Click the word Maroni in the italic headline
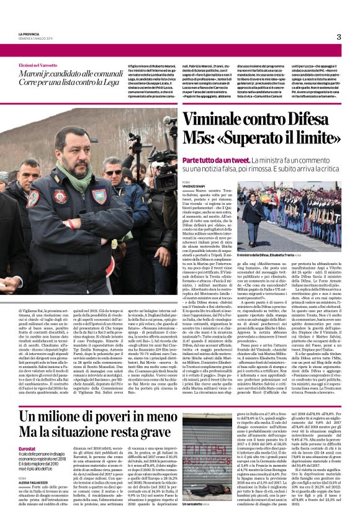(37, 75)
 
